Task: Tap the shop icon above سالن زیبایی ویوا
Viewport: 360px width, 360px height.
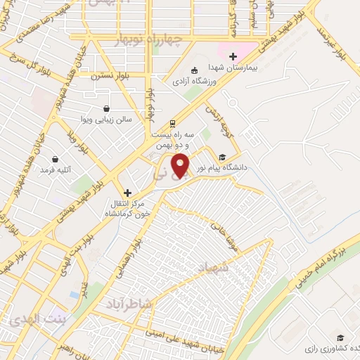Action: click(x=105, y=108)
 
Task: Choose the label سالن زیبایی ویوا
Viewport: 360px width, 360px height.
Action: click(x=105, y=120)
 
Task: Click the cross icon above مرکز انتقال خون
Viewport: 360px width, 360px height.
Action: click(x=127, y=192)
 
